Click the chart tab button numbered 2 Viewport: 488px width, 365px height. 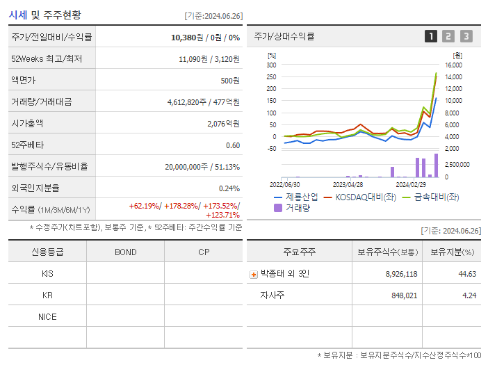pos(448,36)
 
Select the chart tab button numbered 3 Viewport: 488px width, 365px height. pos(466,36)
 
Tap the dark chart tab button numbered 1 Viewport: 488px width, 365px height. pos(431,36)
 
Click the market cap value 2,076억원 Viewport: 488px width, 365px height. pos(223,123)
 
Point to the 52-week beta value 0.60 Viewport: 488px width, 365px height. pos(233,145)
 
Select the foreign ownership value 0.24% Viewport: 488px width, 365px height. pos(229,188)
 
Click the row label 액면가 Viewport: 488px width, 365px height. pos(22,80)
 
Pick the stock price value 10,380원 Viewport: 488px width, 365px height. pos(188,37)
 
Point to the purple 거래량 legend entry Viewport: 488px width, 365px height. pos(292,207)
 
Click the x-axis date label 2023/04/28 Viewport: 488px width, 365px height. pos(348,185)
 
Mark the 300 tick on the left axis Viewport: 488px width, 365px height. pos(271,65)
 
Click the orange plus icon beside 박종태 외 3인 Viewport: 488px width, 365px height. pos(254,274)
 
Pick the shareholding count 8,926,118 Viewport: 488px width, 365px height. pos(401,274)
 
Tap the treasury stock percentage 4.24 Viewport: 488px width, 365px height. pos(468,295)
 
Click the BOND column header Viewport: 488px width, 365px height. pos(126,252)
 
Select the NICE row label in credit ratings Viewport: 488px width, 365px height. pos(47,316)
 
